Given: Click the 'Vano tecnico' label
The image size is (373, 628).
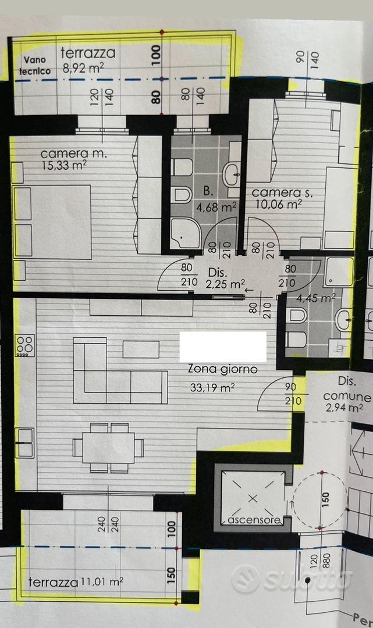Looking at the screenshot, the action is point(35,66).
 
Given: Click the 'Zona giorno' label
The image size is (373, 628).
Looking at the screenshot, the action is point(223,369).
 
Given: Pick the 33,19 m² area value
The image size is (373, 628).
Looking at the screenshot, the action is point(212,388).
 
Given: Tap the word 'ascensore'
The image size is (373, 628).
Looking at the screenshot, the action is point(254,520).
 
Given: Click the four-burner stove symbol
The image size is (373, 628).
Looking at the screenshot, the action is point(24,345).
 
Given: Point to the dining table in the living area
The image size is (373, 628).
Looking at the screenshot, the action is point(108,447).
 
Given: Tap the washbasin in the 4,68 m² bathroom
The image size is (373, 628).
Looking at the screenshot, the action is point(232,174).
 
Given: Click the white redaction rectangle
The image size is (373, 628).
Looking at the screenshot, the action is point(223,347).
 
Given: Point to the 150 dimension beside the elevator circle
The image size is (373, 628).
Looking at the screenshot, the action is point(325,501).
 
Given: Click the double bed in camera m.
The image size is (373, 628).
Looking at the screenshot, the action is point(52,222).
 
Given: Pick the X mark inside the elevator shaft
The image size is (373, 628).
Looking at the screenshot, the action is point(253,498).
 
